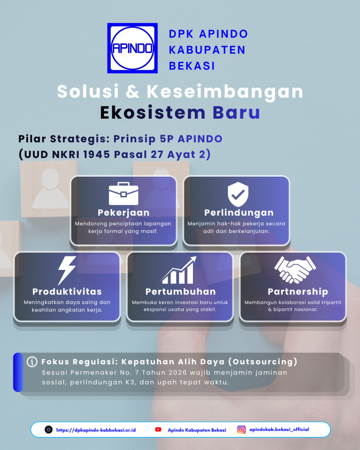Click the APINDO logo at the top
click(132, 48)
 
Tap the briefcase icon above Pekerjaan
click(124, 193)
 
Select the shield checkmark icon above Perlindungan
click(238, 194)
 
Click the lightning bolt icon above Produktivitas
click(67, 270)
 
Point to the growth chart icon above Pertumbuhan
click(178, 270)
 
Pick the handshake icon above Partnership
click(295, 269)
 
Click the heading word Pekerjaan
click(124, 213)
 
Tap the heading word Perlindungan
click(239, 213)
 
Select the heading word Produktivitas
click(67, 292)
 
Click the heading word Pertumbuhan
click(181, 292)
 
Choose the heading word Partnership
click(298, 292)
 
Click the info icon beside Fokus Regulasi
click(32, 362)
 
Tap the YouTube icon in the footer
click(158, 430)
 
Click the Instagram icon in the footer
click(241, 430)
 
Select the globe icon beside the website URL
click(48, 430)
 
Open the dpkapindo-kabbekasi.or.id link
click(96, 430)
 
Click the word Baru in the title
click(236, 112)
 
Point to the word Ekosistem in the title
click(153, 112)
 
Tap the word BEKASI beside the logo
click(192, 66)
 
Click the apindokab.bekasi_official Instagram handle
click(279, 430)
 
